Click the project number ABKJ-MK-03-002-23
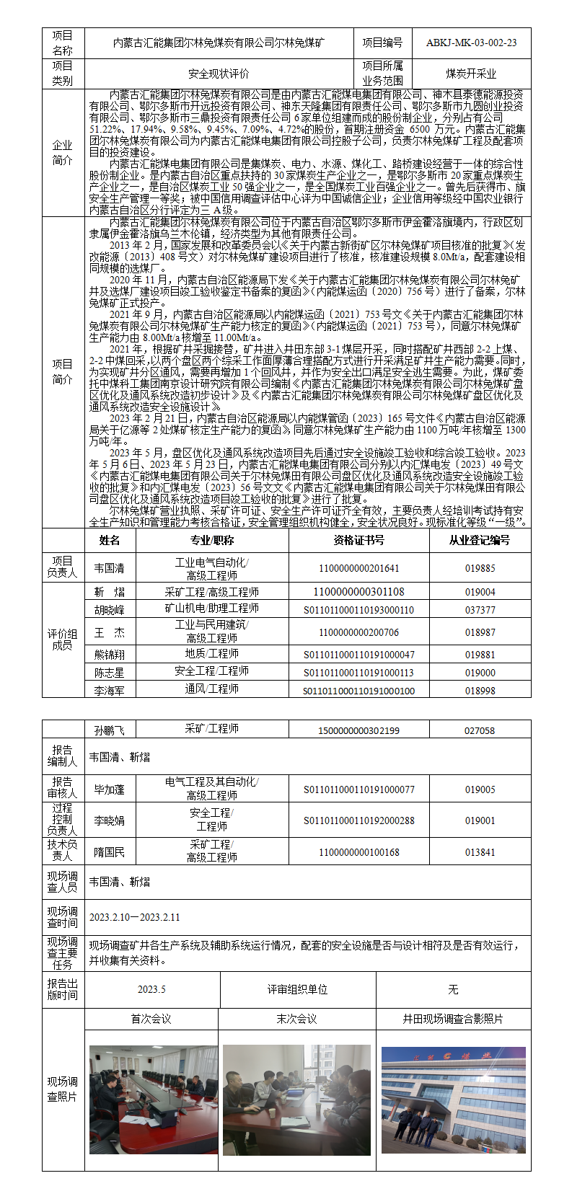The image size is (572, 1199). pyautogui.click(x=471, y=43)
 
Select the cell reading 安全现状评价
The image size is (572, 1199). pyautogui.click(x=219, y=74)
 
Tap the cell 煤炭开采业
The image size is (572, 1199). pyautogui.click(x=471, y=74)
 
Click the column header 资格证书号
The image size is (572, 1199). pyautogui.click(x=358, y=540)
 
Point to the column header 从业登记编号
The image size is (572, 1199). pyautogui.click(x=480, y=540)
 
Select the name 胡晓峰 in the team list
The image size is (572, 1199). pyautogui.click(x=110, y=610)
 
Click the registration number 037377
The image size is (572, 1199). pyautogui.click(x=480, y=610)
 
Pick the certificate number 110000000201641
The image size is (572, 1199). pyautogui.click(x=358, y=568)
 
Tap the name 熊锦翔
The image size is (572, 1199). pyautogui.click(x=110, y=655)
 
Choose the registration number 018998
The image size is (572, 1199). pyautogui.click(x=480, y=690)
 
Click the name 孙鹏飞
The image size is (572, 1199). pyautogui.click(x=110, y=730)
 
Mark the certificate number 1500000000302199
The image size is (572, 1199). pyautogui.click(x=358, y=730)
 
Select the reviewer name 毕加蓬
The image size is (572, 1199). pyautogui.click(x=110, y=789)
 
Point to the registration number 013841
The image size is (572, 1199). pyautogui.click(x=480, y=852)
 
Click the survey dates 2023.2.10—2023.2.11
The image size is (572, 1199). pyautogui.click(x=135, y=917)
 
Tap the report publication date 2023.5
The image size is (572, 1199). pyautogui.click(x=151, y=989)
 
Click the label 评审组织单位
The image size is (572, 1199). pyautogui.click(x=297, y=989)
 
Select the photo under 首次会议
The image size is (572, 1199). pyautogui.click(x=153, y=1099)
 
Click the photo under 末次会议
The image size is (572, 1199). pyautogui.click(x=296, y=1099)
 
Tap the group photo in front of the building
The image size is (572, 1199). pyautogui.click(x=453, y=1099)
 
